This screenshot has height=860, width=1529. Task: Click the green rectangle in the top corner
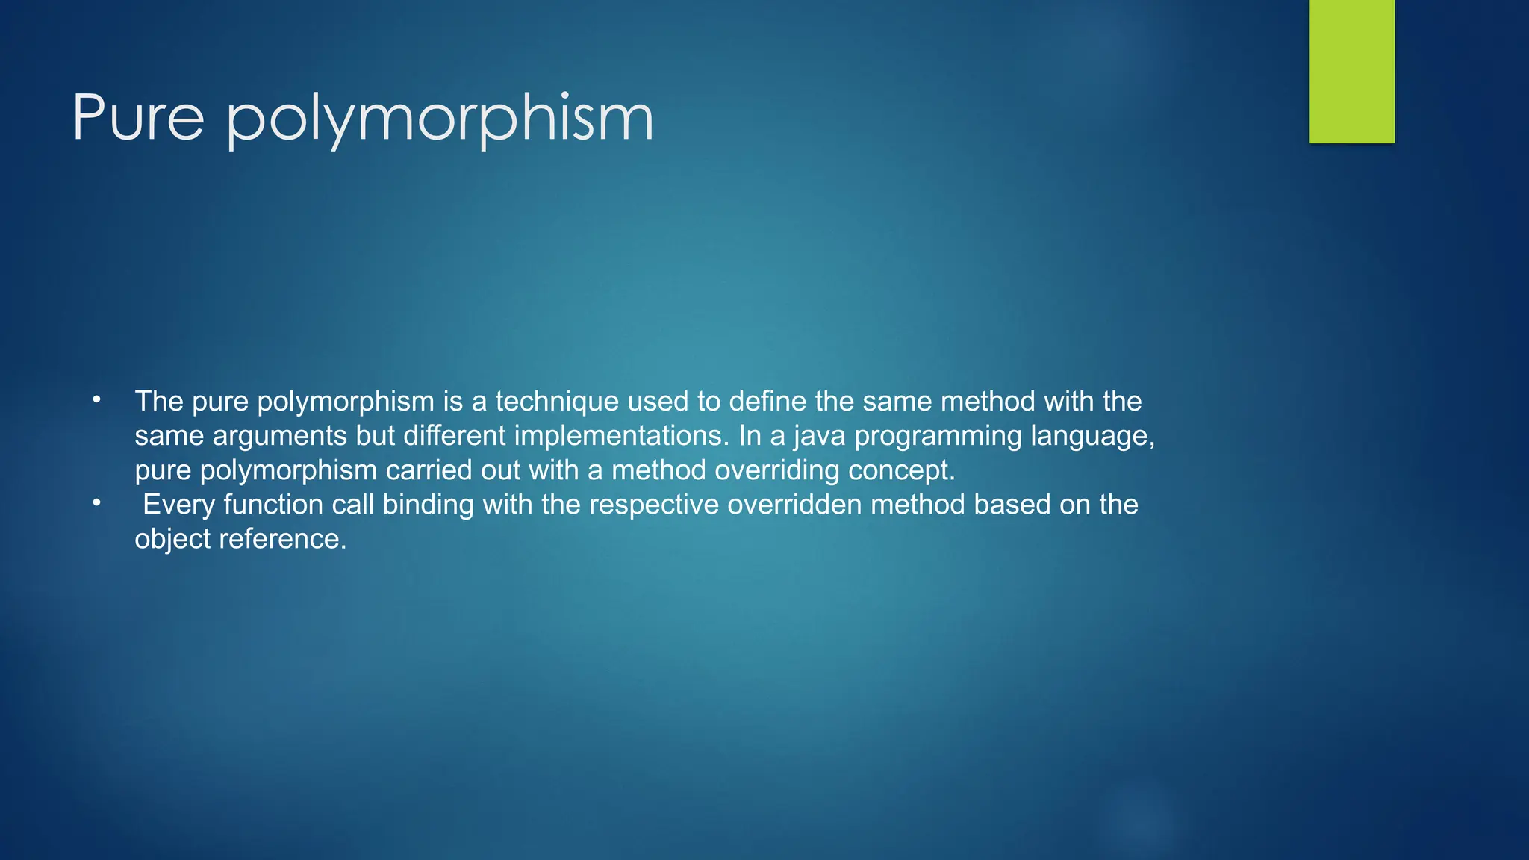(x=1351, y=71)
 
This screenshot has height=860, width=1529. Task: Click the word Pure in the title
(x=138, y=118)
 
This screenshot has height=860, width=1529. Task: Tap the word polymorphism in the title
(x=440, y=119)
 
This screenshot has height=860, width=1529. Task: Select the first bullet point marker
(x=96, y=400)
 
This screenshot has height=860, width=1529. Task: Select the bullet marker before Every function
(x=96, y=503)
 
